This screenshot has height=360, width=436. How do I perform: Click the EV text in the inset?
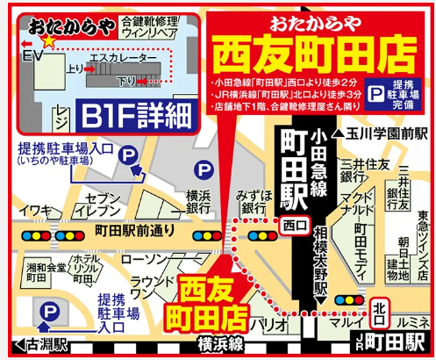click(32, 54)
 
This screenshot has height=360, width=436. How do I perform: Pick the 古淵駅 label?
click(37, 345)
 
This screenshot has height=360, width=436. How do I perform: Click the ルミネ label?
click(415, 323)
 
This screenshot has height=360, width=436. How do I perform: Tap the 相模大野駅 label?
click(320, 259)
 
